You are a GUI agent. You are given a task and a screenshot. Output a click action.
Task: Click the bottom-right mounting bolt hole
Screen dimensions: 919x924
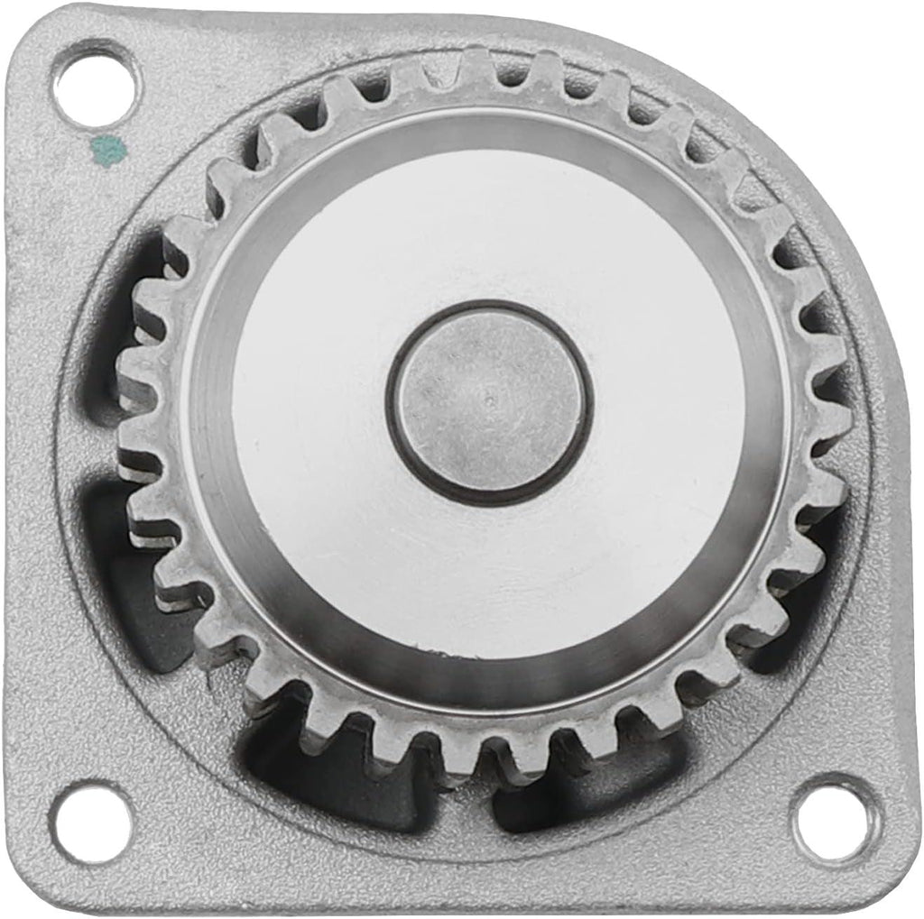pos(832,819)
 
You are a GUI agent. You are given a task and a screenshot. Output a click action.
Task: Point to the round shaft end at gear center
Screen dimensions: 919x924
pos(488,401)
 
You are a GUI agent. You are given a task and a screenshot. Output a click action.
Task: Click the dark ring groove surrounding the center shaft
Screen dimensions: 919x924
pos(488,308)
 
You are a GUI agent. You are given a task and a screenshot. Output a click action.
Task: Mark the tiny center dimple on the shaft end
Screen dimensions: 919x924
pos(488,397)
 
